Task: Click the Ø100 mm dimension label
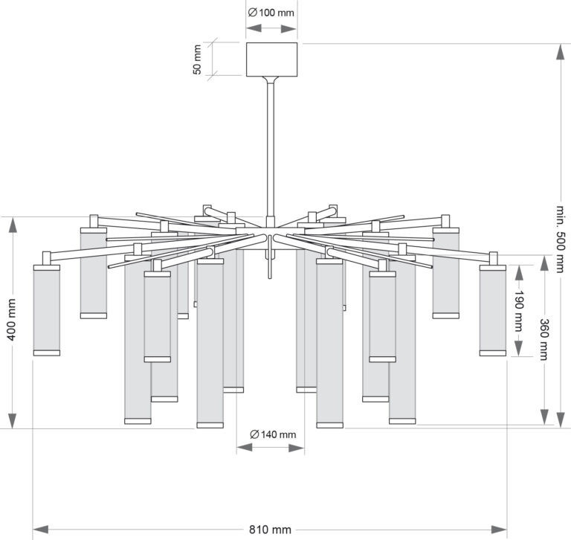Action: pyautogui.click(x=271, y=13)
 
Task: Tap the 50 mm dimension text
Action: pyautogui.click(x=196, y=60)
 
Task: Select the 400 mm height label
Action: pyautogui.click(x=12, y=320)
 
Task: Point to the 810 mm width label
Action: pyautogui.click(x=270, y=529)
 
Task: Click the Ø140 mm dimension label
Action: pyautogui.click(x=273, y=434)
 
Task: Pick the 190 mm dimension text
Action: pyautogui.click(x=518, y=311)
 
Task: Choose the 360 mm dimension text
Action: pyautogui.click(x=544, y=339)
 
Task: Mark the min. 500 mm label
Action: pyautogui.click(x=561, y=239)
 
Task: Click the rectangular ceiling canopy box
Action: pyautogui.click(x=271, y=60)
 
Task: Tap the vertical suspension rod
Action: pyautogui.click(x=270, y=150)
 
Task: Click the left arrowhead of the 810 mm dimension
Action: pyautogui.click(x=41, y=529)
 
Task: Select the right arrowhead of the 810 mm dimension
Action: pyautogui.click(x=499, y=529)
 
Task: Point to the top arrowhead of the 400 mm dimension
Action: pyautogui.click(x=13, y=225)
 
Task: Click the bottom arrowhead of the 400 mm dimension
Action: pyautogui.click(x=13, y=420)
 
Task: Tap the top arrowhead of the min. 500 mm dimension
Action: pyautogui.click(x=561, y=52)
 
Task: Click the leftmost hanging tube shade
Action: pyautogui.click(x=47, y=310)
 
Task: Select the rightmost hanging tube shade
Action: pyautogui.click(x=493, y=310)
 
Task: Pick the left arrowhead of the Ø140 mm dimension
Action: pyautogui.click(x=245, y=448)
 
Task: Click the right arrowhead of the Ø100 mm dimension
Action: pyautogui.click(x=289, y=28)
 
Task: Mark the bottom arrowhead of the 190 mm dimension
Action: pyautogui.click(x=518, y=348)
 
